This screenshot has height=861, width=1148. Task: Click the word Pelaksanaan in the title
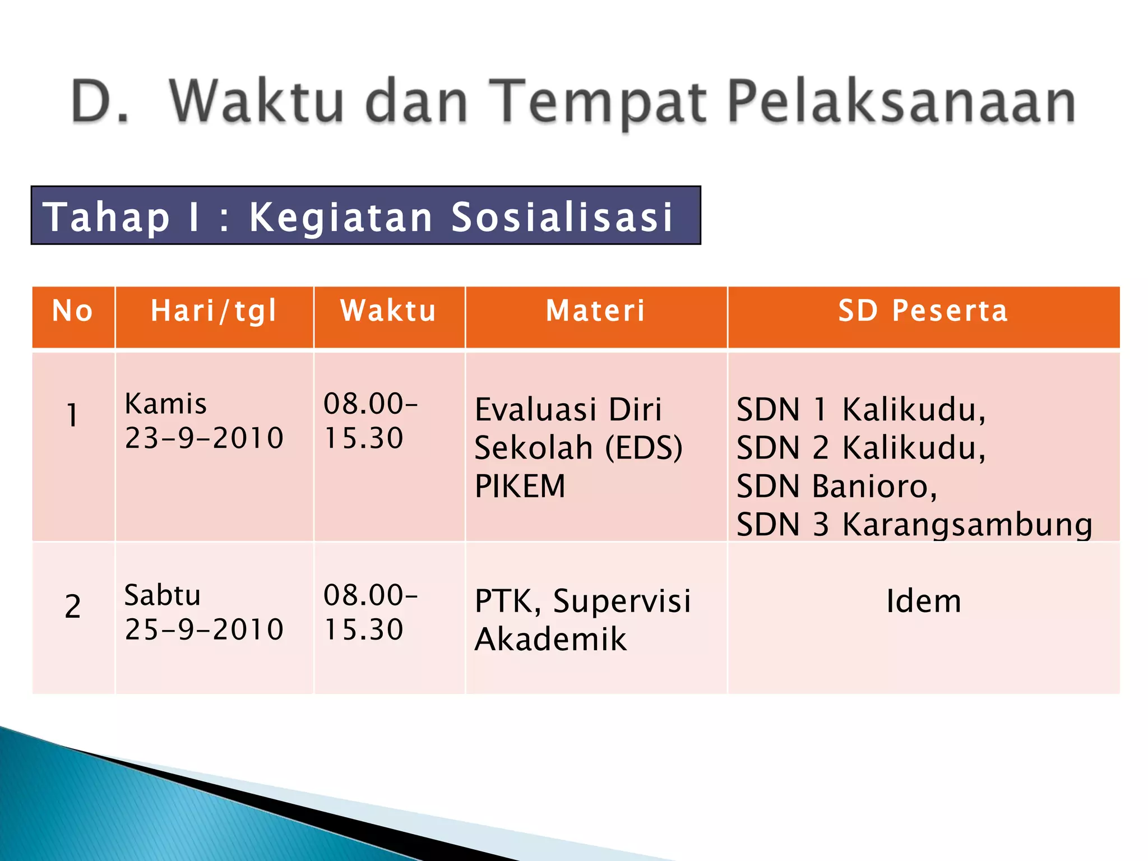click(x=901, y=102)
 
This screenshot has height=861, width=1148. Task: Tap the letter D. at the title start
click(x=100, y=102)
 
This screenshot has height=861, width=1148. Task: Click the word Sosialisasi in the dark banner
click(x=562, y=217)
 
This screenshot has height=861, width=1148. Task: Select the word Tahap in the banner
click(x=107, y=217)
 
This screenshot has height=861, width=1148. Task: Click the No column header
click(x=73, y=311)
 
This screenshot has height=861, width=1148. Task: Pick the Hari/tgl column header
click(x=214, y=311)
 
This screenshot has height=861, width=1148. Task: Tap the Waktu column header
click(x=388, y=311)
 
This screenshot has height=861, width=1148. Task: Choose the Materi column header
click(x=596, y=311)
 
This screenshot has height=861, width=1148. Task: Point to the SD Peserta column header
click(x=923, y=311)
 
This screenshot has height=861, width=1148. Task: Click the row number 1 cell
click(x=72, y=415)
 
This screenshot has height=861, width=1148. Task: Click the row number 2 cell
click(x=73, y=607)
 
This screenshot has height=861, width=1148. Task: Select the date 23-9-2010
click(x=204, y=438)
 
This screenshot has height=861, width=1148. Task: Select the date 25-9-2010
click(x=204, y=629)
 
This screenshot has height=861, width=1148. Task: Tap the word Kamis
click(x=166, y=404)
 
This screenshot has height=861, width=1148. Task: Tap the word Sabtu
click(x=163, y=595)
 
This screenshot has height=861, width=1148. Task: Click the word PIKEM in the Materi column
click(x=520, y=486)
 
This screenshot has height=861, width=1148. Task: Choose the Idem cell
click(x=923, y=601)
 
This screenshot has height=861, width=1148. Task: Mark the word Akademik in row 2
click(x=550, y=640)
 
